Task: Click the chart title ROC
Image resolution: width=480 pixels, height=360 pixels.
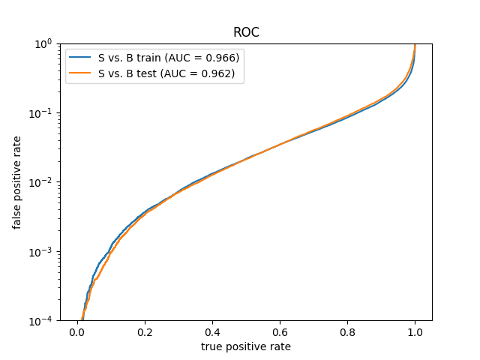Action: pos(246,32)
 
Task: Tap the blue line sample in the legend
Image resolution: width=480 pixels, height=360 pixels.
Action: pos(80,57)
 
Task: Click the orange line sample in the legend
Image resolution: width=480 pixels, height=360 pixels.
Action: pos(80,73)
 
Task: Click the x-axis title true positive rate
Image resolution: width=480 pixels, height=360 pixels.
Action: pos(246,346)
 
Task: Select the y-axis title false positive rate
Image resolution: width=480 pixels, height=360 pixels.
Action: pos(16,183)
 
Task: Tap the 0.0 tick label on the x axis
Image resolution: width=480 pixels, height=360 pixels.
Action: pos(77,332)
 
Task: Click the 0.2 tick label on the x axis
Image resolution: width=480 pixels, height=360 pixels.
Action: pos(145,332)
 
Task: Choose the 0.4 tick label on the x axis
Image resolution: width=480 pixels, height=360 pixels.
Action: pos(212,332)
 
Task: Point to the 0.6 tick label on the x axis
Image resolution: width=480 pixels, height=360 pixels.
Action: pos(280,332)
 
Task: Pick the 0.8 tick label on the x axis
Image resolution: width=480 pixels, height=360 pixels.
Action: pos(347,332)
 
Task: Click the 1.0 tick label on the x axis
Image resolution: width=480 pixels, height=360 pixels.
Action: pos(415,332)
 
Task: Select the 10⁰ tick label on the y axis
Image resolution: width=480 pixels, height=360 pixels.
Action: pos(43,44)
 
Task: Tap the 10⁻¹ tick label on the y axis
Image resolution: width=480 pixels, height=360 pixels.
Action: pos(40,113)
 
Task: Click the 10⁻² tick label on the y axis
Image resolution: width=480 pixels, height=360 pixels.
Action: pos(40,183)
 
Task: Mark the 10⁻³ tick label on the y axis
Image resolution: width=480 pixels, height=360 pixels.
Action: pos(40,252)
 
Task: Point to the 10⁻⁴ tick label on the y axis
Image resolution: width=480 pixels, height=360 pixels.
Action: pos(40,321)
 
